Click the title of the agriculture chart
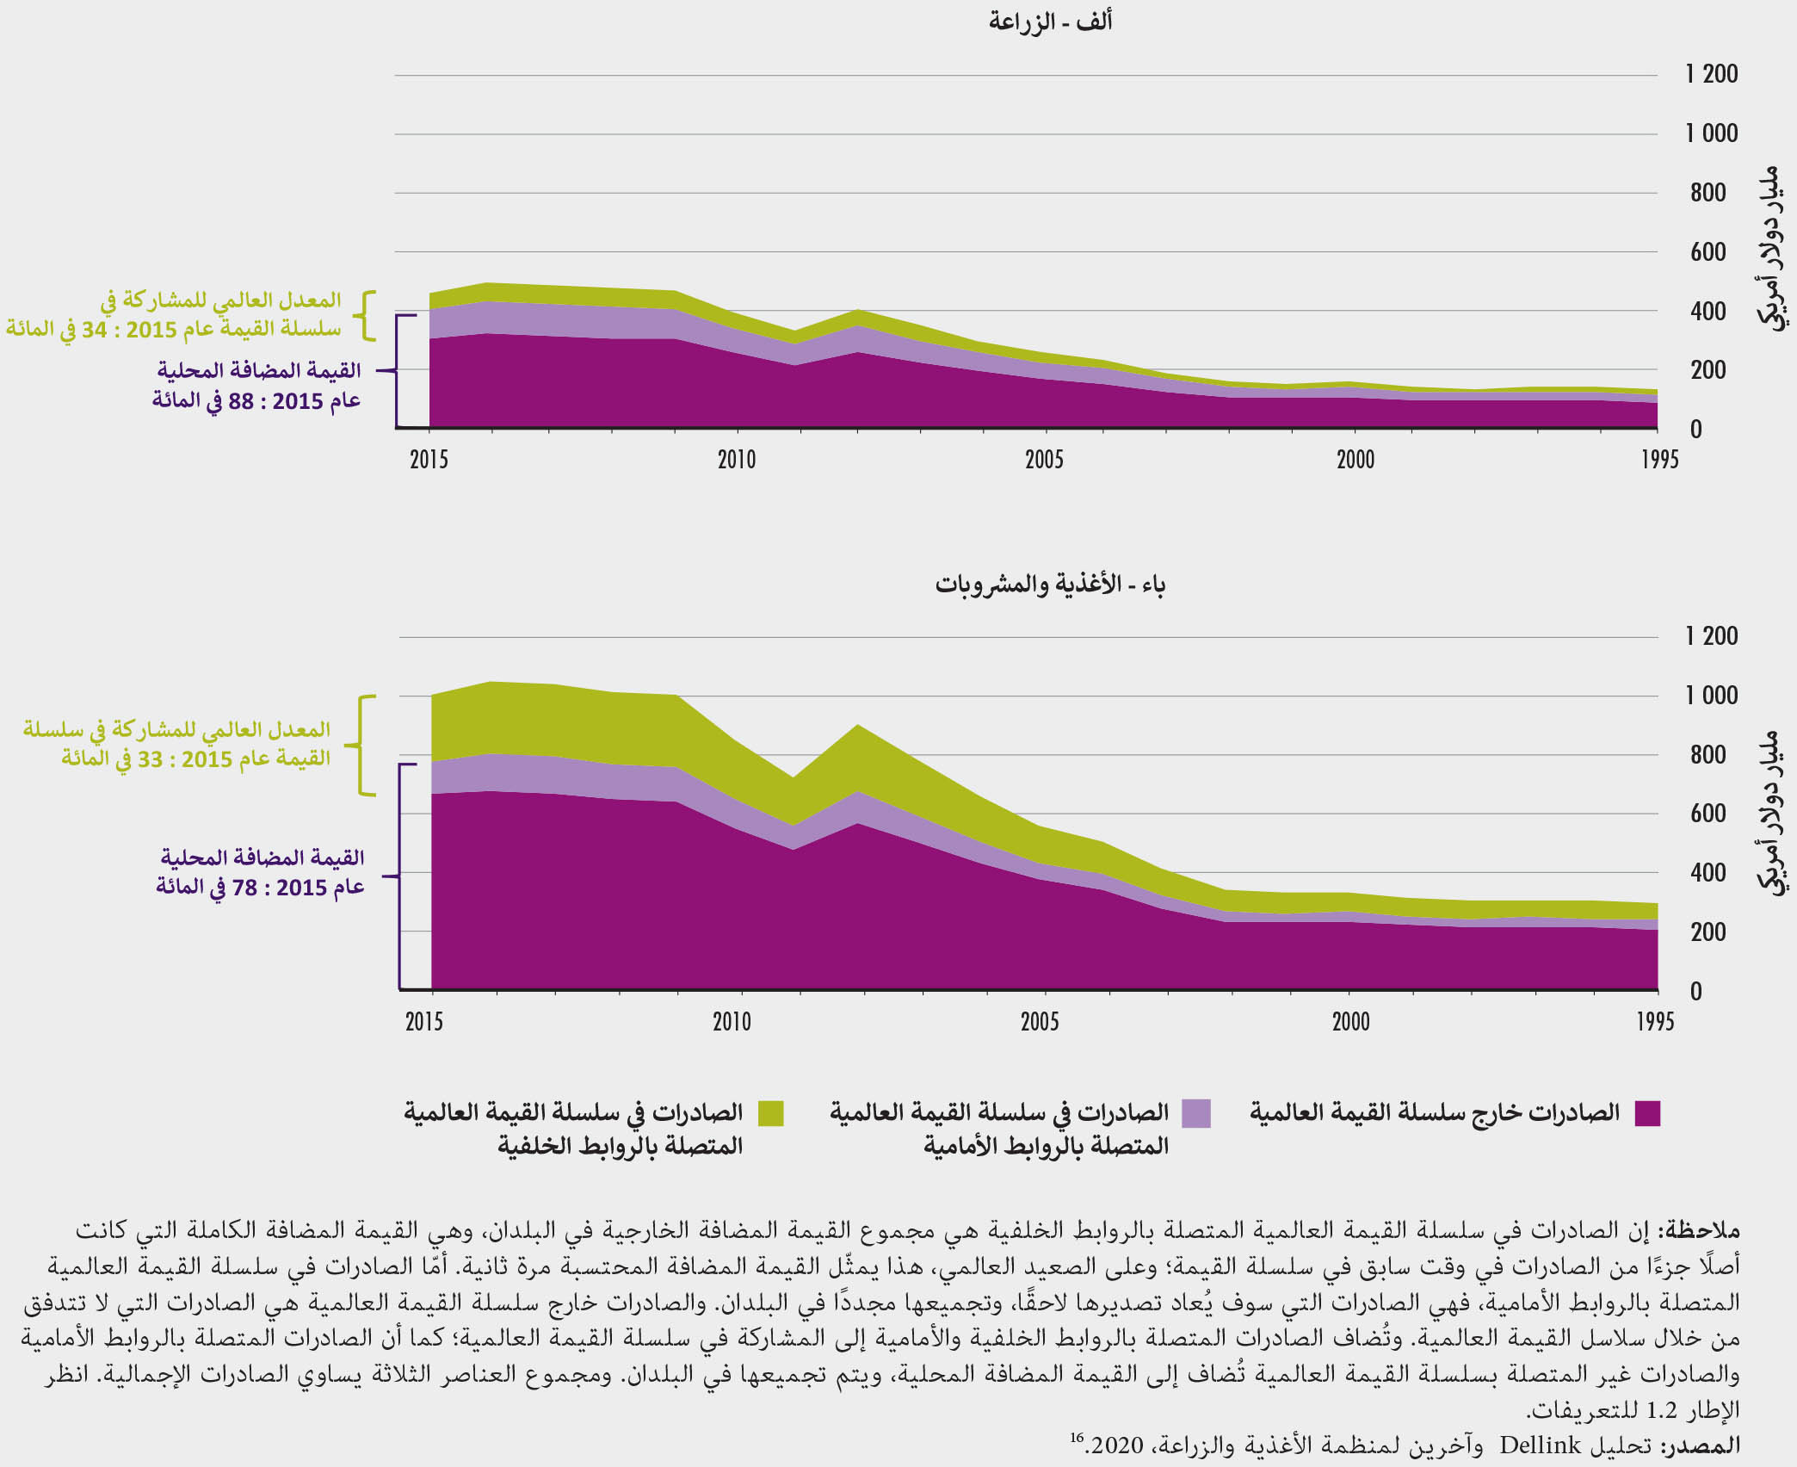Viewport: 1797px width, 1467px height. [x=1050, y=22]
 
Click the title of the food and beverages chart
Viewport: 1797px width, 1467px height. [x=1050, y=585]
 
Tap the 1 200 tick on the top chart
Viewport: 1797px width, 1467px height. [x=1711, y=74]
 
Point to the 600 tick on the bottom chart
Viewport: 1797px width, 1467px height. [x=1707, y=814]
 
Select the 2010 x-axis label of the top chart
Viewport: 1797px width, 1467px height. [x=736, y=460]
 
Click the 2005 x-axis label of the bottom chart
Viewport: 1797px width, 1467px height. [x=1039, y=1022]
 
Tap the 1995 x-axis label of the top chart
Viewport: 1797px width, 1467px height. [x=1658, y=460]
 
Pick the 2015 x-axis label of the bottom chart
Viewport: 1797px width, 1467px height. [x=423, y=1022]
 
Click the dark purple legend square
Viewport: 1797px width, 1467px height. [x=1647, y=1113]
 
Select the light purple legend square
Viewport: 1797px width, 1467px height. [x=1196, y=1113]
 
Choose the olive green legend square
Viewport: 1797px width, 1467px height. [x=771, y=1113]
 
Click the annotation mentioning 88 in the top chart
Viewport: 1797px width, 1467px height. [x=256, y=386]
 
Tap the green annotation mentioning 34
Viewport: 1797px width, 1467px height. [x=174, y=314]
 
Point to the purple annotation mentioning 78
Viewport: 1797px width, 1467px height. [x=260, y=872]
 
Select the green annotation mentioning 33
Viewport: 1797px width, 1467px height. [x=177, y=744]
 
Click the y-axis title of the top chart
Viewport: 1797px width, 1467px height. [x=1769, y=250]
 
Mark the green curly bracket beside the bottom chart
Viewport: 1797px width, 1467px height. [x=366, y=745]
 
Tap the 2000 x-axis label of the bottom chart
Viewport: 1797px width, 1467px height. [x=1350, y=1022]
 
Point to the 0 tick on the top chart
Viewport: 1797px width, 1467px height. [x=1695, y=430]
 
